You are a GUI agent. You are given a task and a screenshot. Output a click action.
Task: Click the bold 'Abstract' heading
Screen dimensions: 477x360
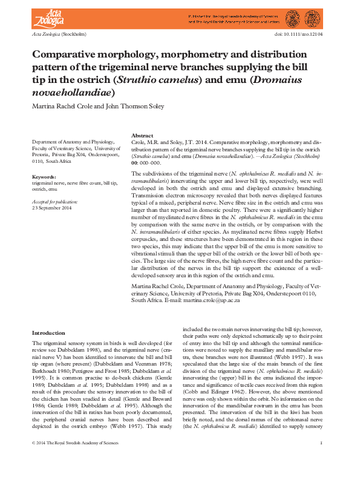pyautogui.click(x=143, y=136)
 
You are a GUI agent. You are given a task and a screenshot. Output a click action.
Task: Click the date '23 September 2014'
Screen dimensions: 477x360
pyautogui.click(x=52, y=208)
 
